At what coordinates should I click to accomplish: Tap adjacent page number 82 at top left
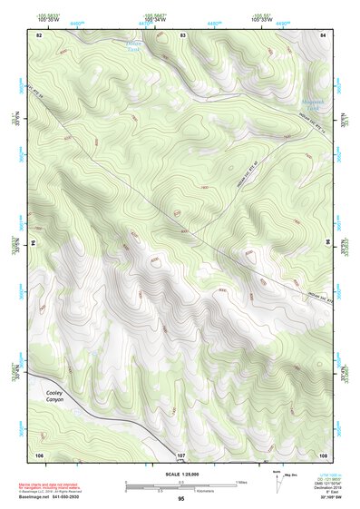click(x=39, y=34)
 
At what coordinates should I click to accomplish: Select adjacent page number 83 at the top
click(x=183, y=34)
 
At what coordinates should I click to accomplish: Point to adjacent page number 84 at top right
click(x=324, y=34)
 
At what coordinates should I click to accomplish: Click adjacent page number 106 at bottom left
click(x=39, y=453)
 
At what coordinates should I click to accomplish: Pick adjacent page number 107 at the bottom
click(x=181, y=453)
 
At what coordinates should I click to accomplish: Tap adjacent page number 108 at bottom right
click(x=323, y=453)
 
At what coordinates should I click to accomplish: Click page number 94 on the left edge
click(x=36, y=243)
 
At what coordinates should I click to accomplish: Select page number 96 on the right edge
click(x=327, y=243)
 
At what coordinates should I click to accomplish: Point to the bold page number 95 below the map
click(x=181, y=499)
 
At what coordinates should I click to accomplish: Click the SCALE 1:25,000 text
click(x=181, y=474)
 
